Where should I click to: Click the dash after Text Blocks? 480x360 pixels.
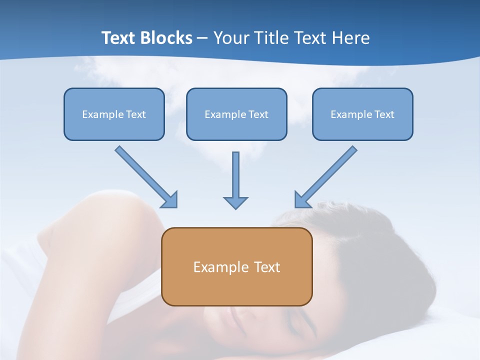(202, 38)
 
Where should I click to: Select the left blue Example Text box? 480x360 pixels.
(114, 114)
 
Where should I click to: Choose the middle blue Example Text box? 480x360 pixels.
(236, 114)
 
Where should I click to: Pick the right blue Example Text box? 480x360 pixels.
(362, 114)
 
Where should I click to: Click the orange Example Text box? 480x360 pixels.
(236, 266)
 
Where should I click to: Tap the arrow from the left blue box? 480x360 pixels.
(145, 176)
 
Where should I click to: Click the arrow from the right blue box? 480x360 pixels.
(327, 176)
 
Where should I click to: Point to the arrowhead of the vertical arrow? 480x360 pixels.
(235, 202)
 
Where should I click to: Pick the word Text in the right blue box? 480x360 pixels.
(384, 114)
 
